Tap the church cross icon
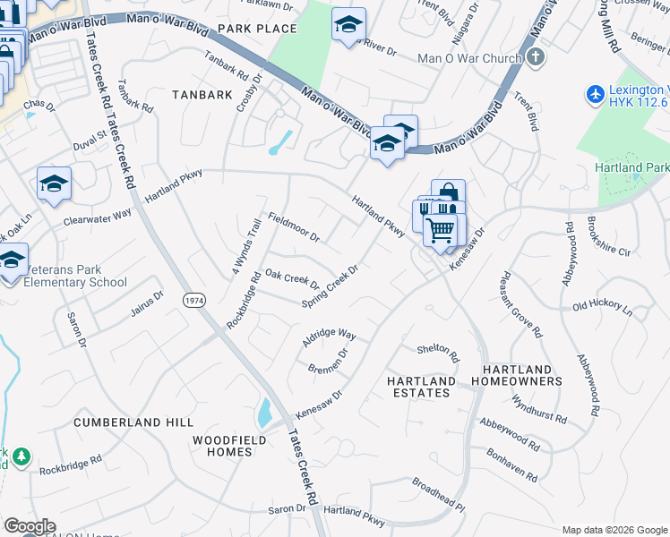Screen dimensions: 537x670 pos(536,58)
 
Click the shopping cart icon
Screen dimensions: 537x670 pos(440,229)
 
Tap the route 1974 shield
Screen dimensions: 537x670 pos(193,301)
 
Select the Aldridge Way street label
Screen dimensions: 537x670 pos(329,337)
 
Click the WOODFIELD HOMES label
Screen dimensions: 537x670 pos(222,445)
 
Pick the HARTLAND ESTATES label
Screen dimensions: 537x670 pos(419,387)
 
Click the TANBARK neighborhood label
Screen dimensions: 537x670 pos(202,94)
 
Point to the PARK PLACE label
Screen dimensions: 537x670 pos(256,29)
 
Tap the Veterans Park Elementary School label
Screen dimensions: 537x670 pos(69,277)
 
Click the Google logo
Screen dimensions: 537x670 pos(30,526)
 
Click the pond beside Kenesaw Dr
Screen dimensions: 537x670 pos(264,413)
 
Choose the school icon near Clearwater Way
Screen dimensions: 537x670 pos(54,183)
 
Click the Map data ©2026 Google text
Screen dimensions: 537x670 pos(614,530)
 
